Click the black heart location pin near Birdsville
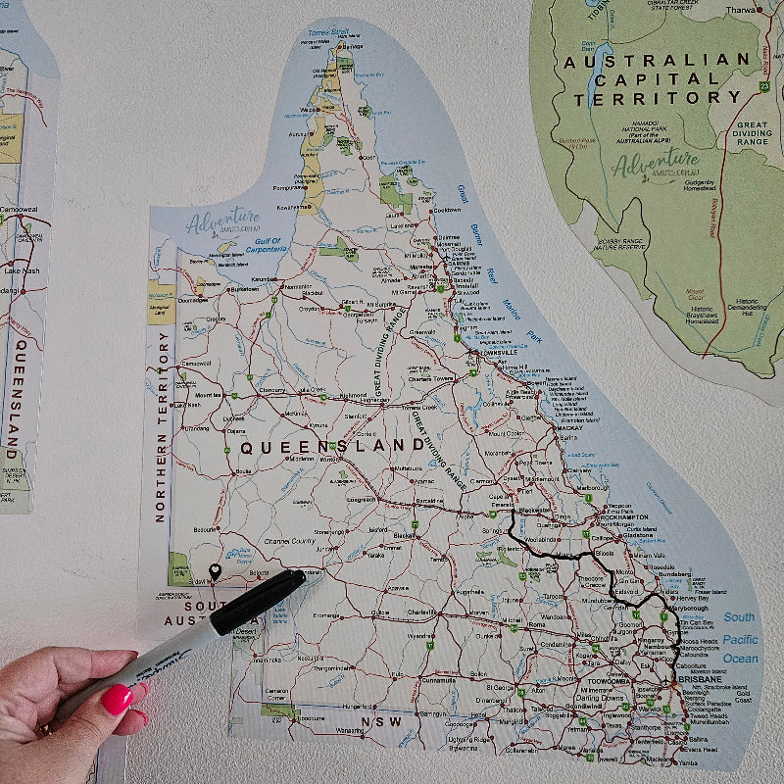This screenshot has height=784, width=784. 216,571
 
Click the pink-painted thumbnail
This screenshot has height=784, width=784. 118,699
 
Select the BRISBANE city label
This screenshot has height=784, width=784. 700,679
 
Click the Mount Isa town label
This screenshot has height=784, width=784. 208,395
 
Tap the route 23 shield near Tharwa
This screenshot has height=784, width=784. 762,86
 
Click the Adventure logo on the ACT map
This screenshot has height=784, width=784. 655,163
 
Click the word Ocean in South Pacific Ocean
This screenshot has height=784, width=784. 739,659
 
